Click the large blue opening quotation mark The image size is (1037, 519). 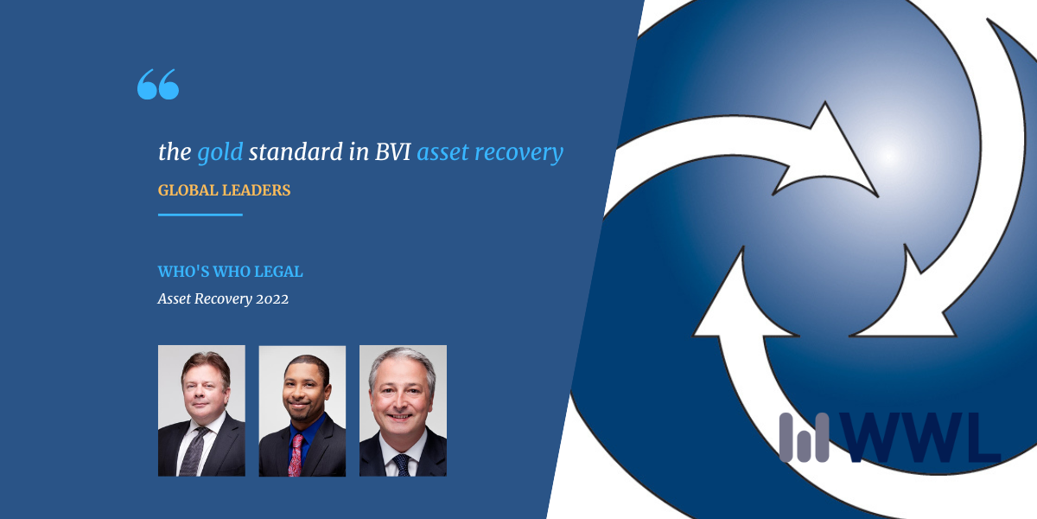(x=158, y=84)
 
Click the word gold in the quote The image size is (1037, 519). (x=219, y=152)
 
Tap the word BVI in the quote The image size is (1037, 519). (x=392, y=151)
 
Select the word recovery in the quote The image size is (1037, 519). (x=519, y=153)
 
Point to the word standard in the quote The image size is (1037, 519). (x=296, y=151)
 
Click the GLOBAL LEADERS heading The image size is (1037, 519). (x=224, y=190)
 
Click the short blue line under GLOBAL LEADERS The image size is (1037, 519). (x=200, y=215)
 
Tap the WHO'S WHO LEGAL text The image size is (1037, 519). (x=230, y=271)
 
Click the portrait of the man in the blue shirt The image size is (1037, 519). (x=302, y=411)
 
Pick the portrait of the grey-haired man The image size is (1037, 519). (x=403, y=411)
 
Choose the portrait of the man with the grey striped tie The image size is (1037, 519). (x=201, y=411)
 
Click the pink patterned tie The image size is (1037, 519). (x=296, y=455)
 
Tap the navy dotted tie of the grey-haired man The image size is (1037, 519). (x=401, y=465)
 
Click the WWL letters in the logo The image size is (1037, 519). (x=920, y=438)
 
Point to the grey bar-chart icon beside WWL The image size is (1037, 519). (x=804, y=438)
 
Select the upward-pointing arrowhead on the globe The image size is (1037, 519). (x=744, y=297)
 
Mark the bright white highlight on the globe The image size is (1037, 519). (x=891, y=154)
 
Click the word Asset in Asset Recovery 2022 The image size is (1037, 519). (x=174, y=298)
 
